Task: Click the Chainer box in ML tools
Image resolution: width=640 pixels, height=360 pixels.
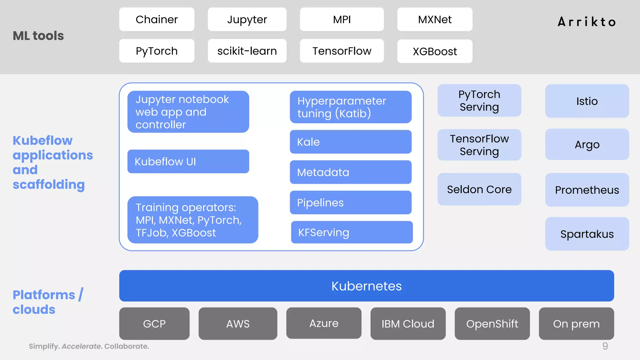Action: (x=157, y=19)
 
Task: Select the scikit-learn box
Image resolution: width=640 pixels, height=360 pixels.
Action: (x=247, y=51)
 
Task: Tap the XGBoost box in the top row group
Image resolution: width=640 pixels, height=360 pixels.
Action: (x=435, y=51)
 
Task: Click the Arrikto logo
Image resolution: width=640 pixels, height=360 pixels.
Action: (x=587, y=22)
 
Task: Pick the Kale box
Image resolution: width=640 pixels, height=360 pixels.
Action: (x=350, y=142)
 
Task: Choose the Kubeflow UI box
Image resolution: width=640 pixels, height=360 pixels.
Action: (x=188, y=162)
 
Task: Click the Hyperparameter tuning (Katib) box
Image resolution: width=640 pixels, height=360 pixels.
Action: (x=350, y=107)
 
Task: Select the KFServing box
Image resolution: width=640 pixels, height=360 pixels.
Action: (x=352, y=232)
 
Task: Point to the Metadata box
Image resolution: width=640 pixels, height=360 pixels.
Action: (x=350, y=172)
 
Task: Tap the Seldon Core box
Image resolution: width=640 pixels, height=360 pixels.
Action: (x=479, y=189)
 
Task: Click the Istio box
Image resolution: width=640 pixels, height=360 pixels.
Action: (x=587, y=101)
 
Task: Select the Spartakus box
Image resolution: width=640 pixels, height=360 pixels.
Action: (x=587, y=234)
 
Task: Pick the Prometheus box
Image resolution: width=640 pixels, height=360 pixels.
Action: (x=587, y=190)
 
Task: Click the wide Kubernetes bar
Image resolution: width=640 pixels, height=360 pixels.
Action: (x=366, y=286)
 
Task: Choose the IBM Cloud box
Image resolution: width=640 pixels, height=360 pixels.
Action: (x=408, y=324)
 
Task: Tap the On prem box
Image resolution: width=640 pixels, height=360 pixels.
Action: (x=576, y=324)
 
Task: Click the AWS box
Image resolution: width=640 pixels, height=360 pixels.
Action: (x=238, y=324)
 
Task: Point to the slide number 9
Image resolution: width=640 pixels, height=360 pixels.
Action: (x=605, y=346)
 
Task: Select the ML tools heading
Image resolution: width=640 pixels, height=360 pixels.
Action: (x=38, y=36)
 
